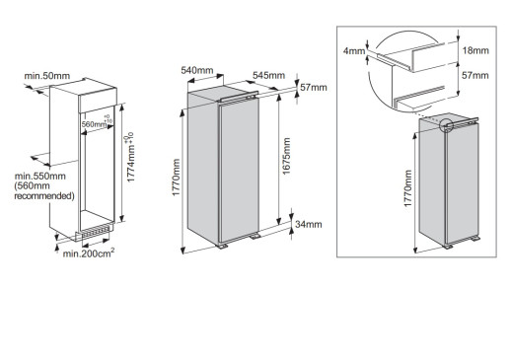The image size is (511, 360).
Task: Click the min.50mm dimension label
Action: [47, 76]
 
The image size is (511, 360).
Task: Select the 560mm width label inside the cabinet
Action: [94, 124]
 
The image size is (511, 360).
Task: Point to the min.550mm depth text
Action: [39, 176]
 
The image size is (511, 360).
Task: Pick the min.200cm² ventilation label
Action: [89, 253]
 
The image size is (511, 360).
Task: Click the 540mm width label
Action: [197, 70]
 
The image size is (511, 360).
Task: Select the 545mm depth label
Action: [268, 75]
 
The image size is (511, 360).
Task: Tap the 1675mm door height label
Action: [286, 156]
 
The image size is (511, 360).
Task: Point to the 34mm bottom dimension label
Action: [309, 225]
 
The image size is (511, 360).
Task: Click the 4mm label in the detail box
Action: [354, 51]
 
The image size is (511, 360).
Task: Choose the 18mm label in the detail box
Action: [475, 50]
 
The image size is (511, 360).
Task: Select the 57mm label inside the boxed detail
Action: [475, 75]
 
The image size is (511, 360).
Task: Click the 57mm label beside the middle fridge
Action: [314, 88]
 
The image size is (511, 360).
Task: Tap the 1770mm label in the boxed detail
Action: [407, 188]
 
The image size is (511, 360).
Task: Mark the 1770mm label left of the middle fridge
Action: [177, 178]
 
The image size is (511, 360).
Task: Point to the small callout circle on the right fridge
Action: [446, 125]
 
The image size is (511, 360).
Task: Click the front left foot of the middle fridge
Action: [222, 247]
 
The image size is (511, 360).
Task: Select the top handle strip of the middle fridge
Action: [239, 96]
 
